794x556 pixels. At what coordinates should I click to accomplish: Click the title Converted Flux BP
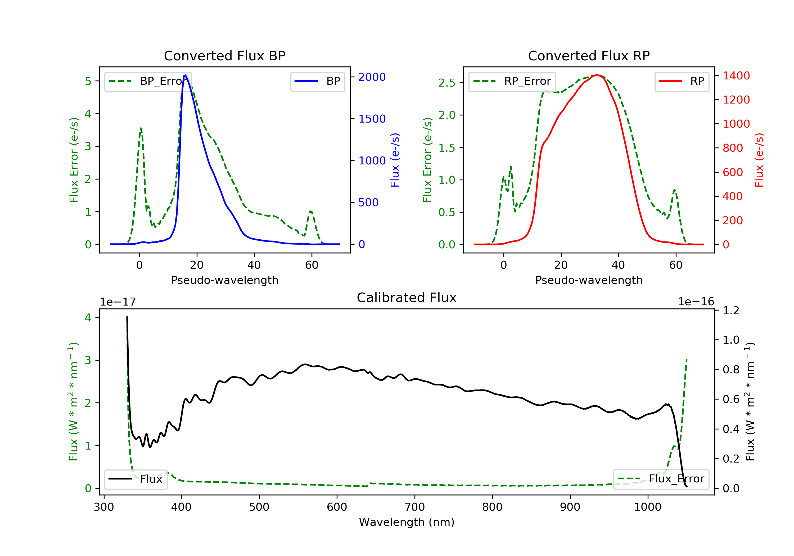pos(224,56)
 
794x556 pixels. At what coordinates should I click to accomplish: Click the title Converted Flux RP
pos(589,56)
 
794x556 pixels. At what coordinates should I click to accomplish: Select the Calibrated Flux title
pos(407,298)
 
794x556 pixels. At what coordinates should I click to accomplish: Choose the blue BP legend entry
pos(317,81)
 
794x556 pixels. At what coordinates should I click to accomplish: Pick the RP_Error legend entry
pos(512,81)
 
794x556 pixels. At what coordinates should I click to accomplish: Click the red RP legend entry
pos(682,81)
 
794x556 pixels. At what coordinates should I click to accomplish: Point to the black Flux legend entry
pos(135,479)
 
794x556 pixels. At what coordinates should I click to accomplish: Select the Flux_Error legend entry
pos(661,479)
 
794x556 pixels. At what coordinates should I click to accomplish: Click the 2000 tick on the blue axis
pos(372,77)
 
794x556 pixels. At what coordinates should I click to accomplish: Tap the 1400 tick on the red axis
pos(736,75)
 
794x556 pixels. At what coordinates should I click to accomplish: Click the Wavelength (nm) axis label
pos(407,522)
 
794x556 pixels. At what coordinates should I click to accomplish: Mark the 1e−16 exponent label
pos(696,302)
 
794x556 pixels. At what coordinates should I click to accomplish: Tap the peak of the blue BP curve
pos(185,75)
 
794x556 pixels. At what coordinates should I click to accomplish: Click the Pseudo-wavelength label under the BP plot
pos(225,280)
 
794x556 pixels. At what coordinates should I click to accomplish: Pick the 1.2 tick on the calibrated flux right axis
pos(731,310)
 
